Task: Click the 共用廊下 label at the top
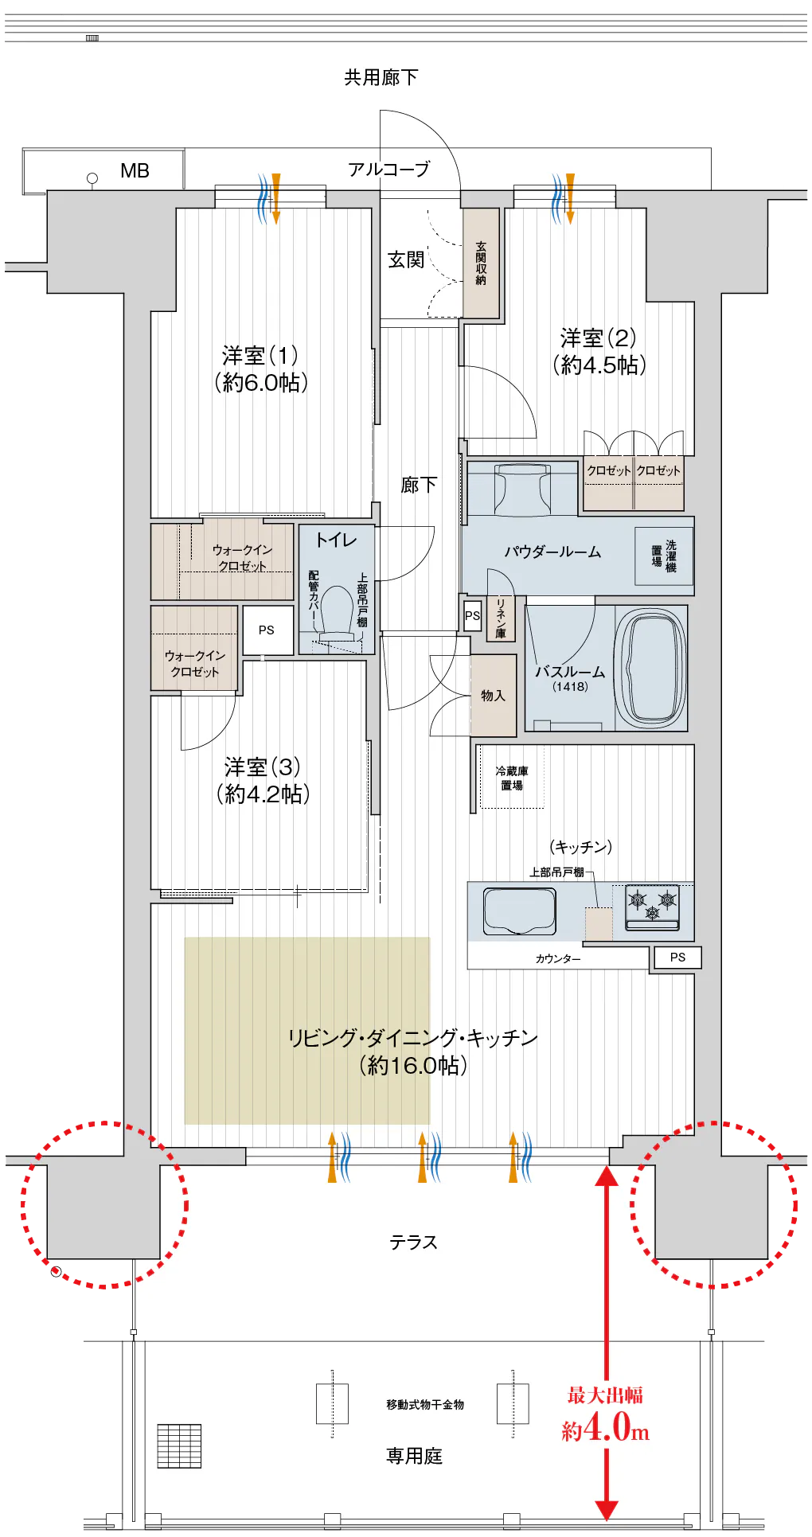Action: (x=381, y=77)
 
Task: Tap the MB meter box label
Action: (x=135, y=170)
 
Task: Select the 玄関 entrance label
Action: (x=406, y=259)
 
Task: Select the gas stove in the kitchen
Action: (x=652, y=907)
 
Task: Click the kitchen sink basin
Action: (x=519, y=911)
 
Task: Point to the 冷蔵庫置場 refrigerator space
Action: (x=512, y=778)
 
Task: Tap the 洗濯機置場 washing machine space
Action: (x=664, y=556)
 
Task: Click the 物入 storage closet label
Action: (x=493, y=695)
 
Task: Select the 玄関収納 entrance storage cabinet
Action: (x=481, y=263)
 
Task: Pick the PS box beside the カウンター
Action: (x=677, y=958)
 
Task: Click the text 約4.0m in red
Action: (x=606, y=1427)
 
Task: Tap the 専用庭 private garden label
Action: (x=414, y=1456)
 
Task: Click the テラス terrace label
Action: (x=413, y=1242)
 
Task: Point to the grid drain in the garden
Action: (x=179, y=1446)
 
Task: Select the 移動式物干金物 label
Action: (x=425, y=1405)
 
